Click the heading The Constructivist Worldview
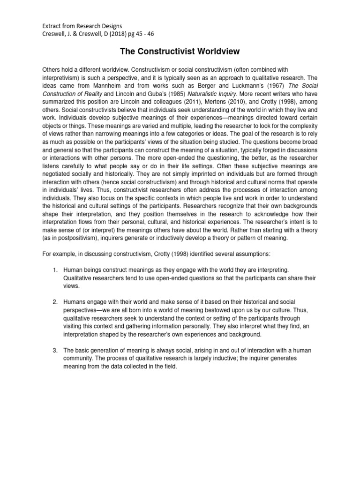tap(180, 51)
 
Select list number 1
tap(54, 270)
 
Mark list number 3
tap(54, 350)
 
